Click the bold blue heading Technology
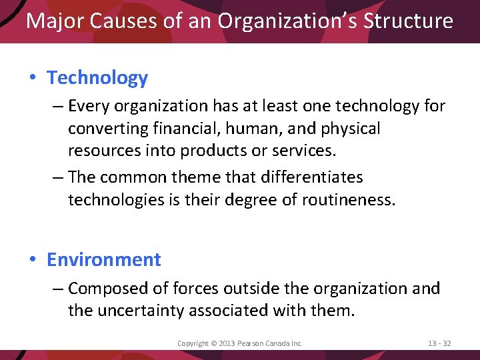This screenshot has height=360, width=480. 97,78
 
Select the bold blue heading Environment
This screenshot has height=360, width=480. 104,259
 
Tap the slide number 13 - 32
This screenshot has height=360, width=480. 439,343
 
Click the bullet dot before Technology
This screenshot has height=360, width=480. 33,79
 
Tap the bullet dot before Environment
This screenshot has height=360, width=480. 33,260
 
